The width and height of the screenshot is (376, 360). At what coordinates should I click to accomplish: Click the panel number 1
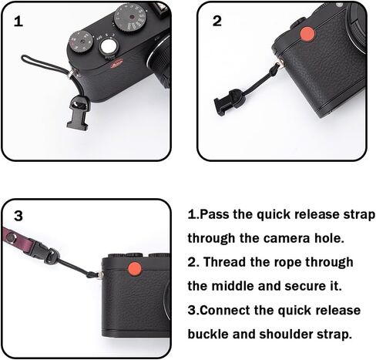(18, 22)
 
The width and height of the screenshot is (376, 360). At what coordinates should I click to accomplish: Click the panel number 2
(217, 21)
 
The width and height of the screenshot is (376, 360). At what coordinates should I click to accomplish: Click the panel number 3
(18, 216)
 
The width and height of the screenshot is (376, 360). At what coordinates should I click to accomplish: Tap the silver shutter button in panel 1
(107, 46)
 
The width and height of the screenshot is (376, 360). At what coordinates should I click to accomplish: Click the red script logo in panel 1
(117, 63)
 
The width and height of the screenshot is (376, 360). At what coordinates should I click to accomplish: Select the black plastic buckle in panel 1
(78, 112)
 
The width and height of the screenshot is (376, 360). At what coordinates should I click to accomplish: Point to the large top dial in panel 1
(130, 18)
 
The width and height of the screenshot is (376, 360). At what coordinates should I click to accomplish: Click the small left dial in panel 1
(82, 42)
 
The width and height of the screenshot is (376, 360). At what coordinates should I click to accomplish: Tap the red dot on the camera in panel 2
(307, 34)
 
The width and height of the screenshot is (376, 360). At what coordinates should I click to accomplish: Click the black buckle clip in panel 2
(228, 102)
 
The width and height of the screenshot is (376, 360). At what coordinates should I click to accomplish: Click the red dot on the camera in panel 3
(135, 269)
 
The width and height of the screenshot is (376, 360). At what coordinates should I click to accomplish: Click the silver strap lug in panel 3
(99, 274)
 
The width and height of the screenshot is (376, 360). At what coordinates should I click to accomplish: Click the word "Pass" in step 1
(214, 214)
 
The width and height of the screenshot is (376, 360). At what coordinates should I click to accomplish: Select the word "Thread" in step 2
(224, 262)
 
